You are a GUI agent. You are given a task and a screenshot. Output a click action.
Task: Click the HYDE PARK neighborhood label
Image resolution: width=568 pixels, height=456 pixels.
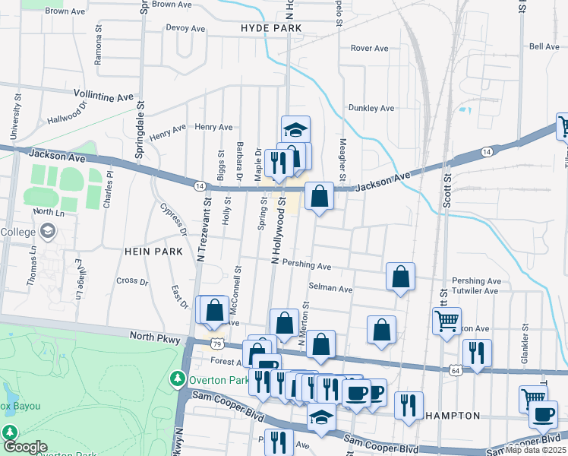pyautogui.click(x=271, y=28)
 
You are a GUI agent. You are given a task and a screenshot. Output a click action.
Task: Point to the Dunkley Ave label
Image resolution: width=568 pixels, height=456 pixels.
pyautogui.click(x=371, y=108)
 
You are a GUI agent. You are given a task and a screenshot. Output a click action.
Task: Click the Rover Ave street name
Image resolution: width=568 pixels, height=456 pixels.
pyautogui.click(x=369, y=48)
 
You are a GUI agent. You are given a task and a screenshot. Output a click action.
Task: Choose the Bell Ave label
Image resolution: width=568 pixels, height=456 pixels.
pyautogui.click(x=544, y=46)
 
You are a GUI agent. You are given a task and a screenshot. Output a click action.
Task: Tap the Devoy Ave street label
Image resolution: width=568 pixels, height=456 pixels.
pyautogui.click(x=185, y=29)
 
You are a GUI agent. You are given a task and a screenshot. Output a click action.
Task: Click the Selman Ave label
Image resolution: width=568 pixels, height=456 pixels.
pyautogui.click(x=331, y=289)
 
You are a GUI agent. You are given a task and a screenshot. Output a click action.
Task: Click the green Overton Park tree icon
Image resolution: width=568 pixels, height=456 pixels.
pyautogui.click(x=177, y=378)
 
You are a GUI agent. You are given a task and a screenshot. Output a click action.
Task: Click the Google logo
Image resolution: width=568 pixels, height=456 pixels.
pyautogui.click(x=25, y=448)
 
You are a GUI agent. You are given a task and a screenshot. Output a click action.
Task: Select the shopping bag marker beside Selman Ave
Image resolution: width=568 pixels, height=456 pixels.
pyautogui.click(x=400, y=277)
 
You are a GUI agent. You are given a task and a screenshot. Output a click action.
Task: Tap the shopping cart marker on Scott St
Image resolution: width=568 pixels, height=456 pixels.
pyautogui.click(x=447, y=320)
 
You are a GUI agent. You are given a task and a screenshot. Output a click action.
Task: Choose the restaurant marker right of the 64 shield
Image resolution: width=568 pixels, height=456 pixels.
pyautogui.click(x=477, y=353)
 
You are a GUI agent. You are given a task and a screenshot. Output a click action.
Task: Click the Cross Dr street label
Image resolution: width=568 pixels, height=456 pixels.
pyautogui.click(x=132, y=280)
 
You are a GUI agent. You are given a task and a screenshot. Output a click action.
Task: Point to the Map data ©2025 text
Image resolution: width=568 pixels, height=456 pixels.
pyautogui.click(x=535, y=449)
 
